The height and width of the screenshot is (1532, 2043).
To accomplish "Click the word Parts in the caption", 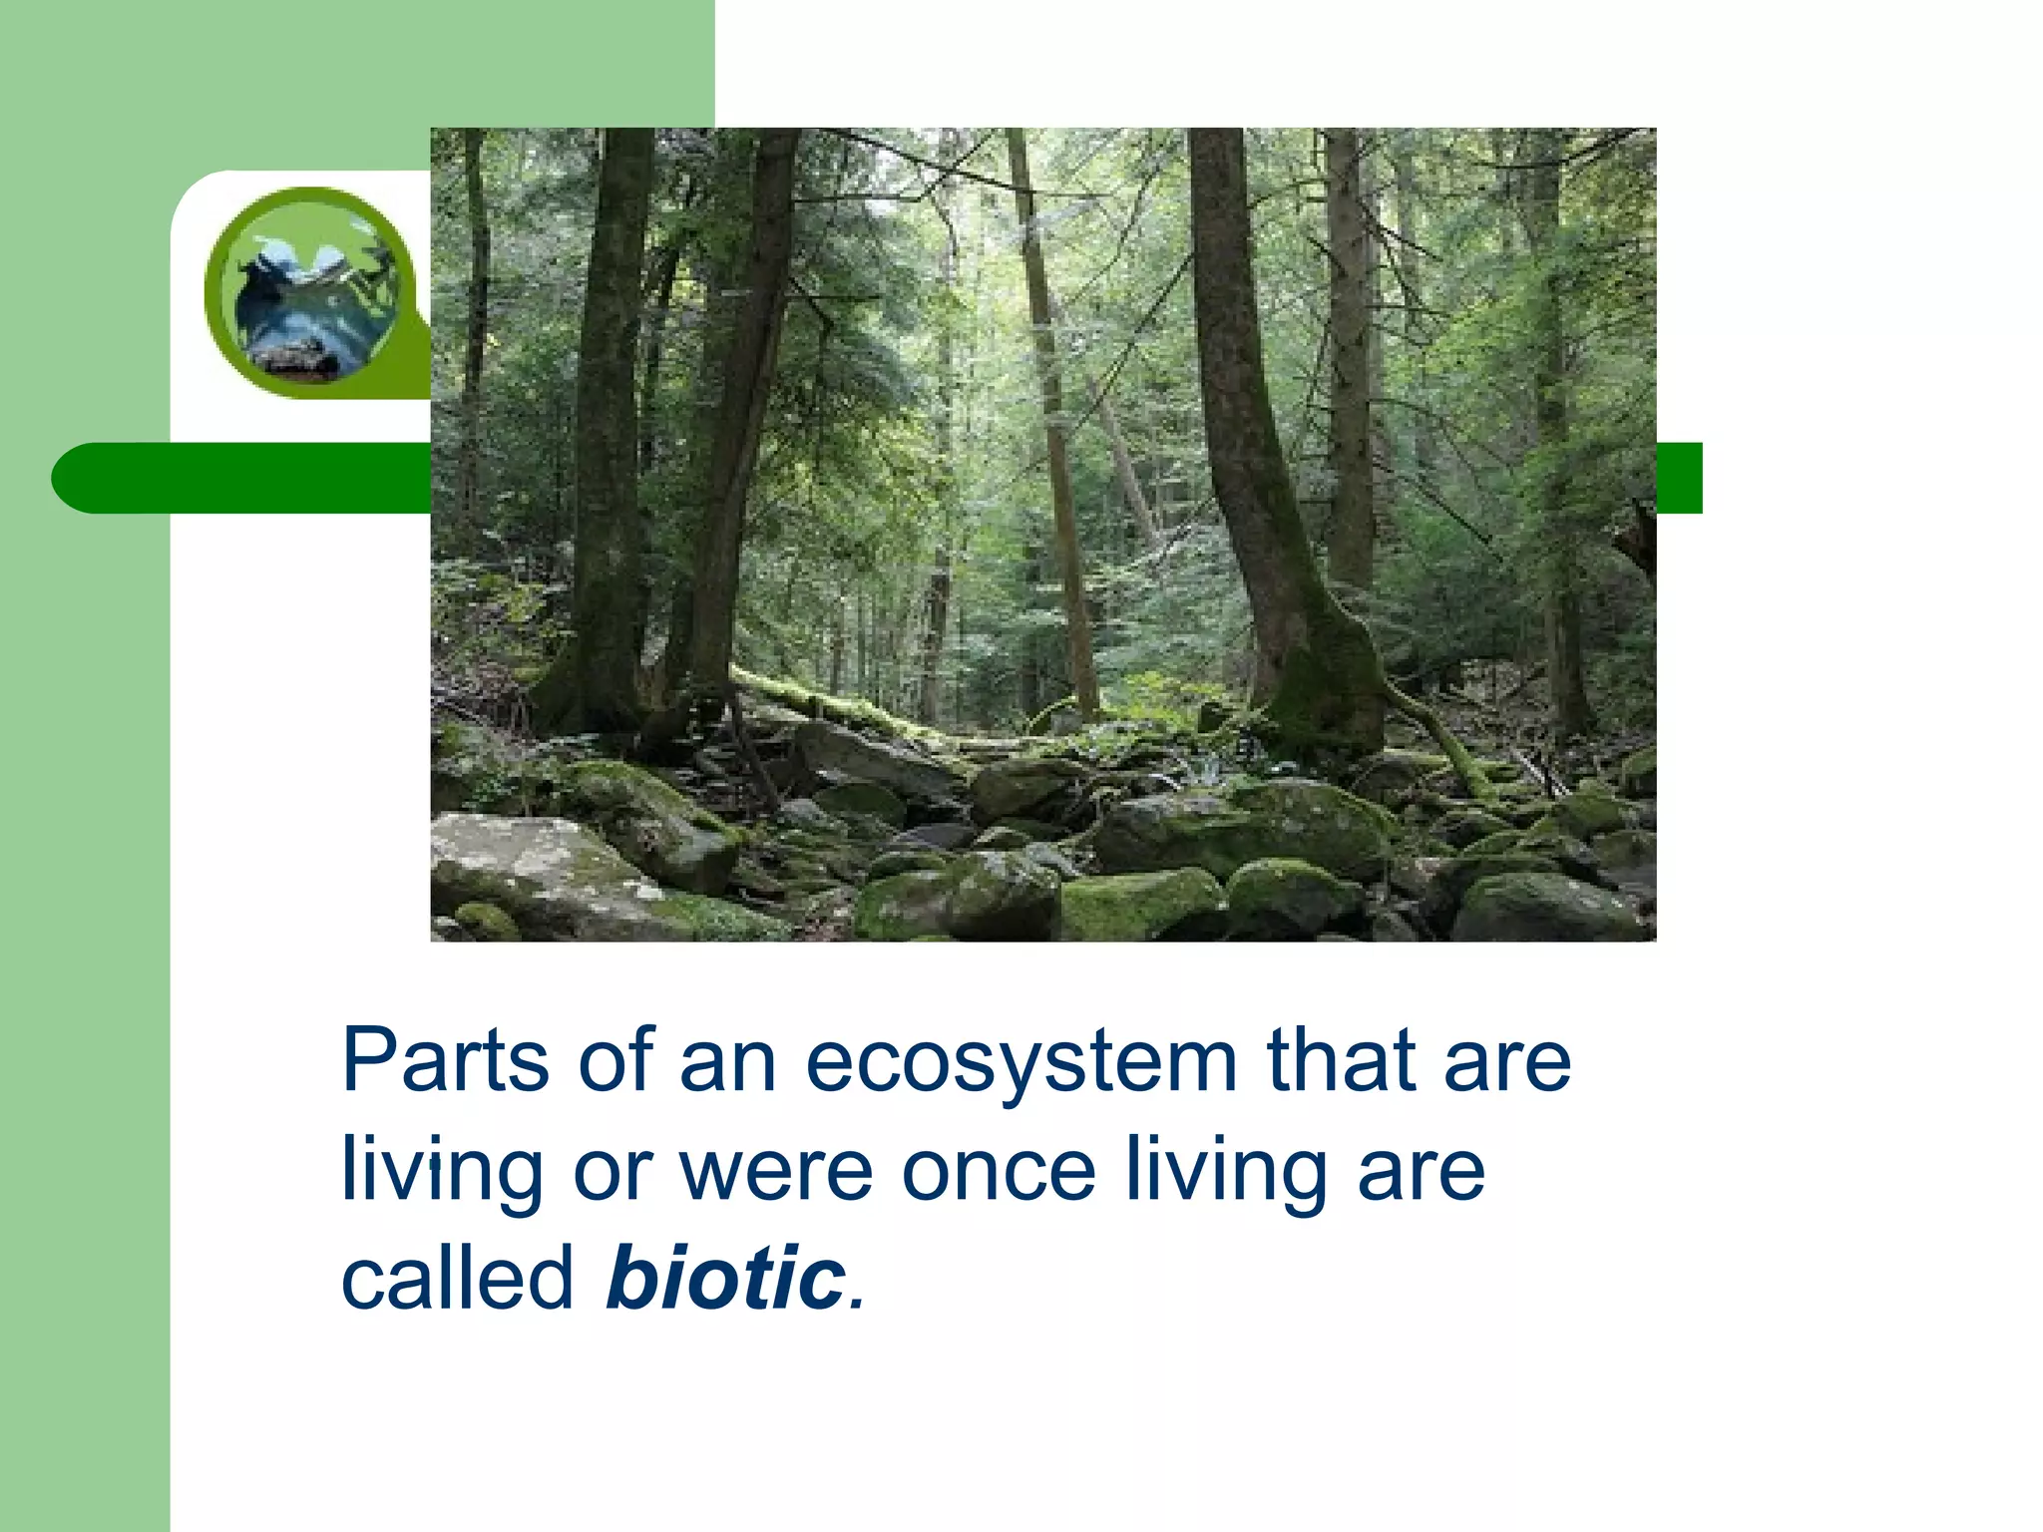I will [444, 1061].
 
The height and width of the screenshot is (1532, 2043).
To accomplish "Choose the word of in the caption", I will [614, 1061].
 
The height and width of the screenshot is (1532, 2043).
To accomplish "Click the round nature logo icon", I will [308, 291].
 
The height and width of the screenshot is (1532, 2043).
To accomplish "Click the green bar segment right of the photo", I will [1679, 478].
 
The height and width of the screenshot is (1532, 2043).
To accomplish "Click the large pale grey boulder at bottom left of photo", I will [529, 868].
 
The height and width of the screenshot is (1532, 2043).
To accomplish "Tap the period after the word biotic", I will [857, 1303].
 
